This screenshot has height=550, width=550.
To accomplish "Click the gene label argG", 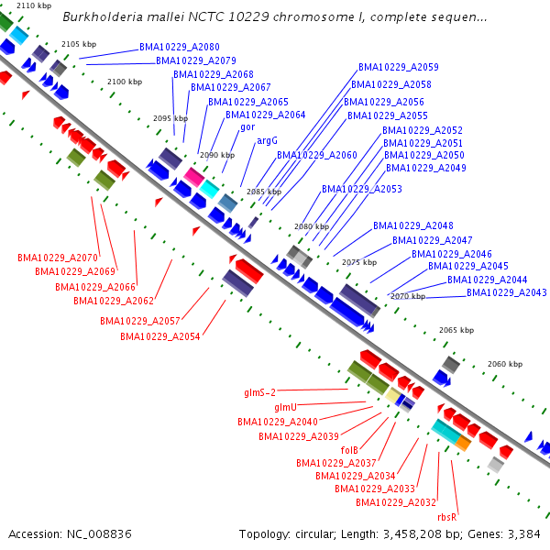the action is [267, 141].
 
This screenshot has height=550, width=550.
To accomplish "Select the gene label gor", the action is [247, 127].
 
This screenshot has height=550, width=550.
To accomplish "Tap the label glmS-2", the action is [260, 392].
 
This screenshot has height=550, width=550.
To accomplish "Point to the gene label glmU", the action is [285, 407].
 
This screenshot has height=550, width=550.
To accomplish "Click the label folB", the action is [349, 450].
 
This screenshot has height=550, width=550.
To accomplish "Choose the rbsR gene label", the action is [447, 517].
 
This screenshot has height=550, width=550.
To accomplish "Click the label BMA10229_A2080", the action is [180, 47].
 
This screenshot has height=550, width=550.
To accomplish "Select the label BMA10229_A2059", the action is [399, 67].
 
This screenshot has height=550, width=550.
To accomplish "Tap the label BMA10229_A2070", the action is [58, 258].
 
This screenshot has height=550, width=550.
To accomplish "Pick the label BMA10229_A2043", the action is [507, 292].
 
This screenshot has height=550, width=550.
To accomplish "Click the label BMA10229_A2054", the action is [160, 336].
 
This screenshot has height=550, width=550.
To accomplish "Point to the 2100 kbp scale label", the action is [125, 82].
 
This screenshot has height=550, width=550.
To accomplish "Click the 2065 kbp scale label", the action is [456, 330].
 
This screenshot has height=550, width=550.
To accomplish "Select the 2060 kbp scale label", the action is [505, 364].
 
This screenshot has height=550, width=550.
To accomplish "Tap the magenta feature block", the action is [194, 177].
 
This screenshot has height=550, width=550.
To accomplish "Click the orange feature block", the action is [463, 443].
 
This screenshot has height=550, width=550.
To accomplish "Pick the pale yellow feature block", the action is [393, 395].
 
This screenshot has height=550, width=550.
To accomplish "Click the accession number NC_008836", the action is [99, 533].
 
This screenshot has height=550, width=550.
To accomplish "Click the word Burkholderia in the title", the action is [103, 16].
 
